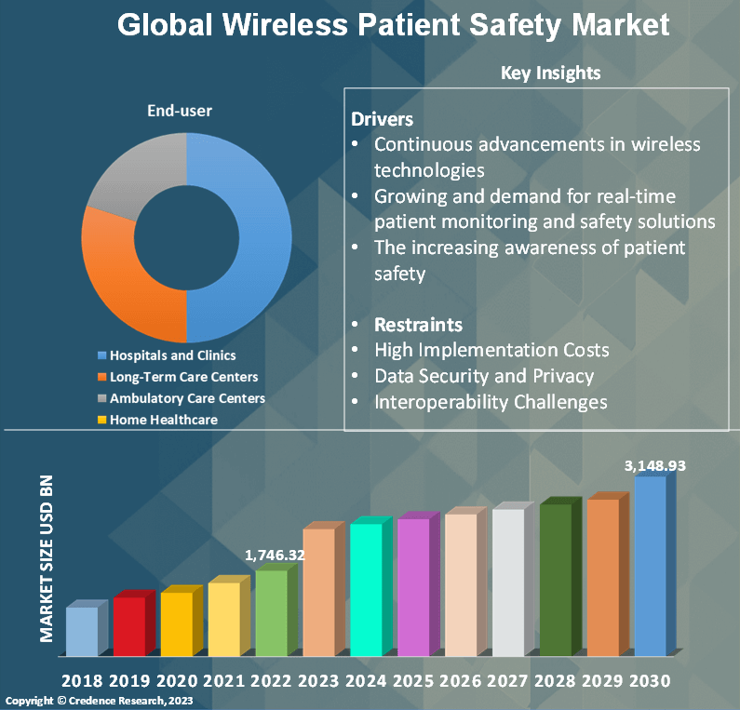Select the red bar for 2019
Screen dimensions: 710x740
[128, 625]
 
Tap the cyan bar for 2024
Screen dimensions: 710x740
[366, 589]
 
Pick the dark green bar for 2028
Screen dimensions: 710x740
[556, 579]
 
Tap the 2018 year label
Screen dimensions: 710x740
[81, 681]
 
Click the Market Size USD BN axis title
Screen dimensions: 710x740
[47, 558]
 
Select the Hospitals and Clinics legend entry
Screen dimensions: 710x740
[172, 355]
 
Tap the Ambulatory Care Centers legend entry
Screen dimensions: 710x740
[187, 398]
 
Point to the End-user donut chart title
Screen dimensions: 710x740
[180, 111]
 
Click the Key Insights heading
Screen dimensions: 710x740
[550, 73]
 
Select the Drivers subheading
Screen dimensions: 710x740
[382, 119]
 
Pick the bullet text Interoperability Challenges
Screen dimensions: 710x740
[491, 402]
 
